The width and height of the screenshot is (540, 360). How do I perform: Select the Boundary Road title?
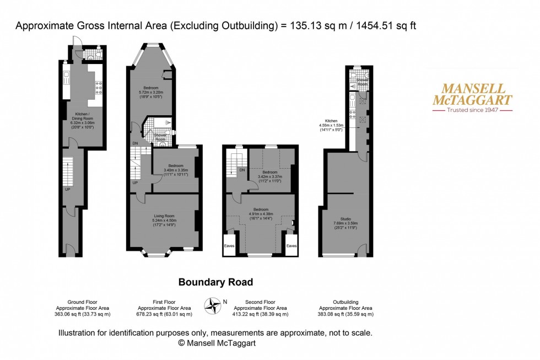(x=215, y=282)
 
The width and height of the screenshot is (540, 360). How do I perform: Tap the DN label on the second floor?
(x=242, y=170)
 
